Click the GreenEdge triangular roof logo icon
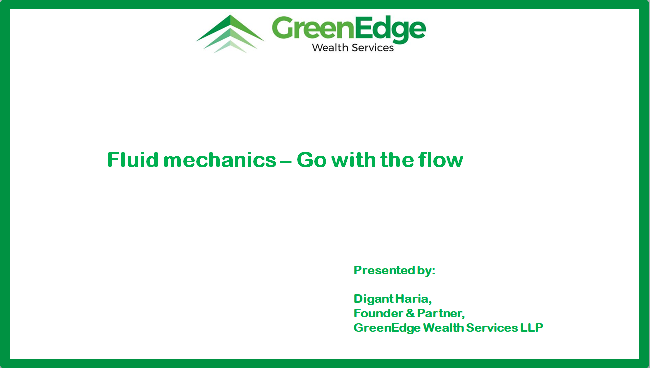[230, 34]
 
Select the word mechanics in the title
[220, 160]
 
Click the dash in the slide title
[286, 161]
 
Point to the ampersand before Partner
[410, 313]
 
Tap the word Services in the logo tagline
[373, 48]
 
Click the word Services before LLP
[492, 328]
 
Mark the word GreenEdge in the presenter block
[387, 328]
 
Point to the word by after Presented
[426, 271]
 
